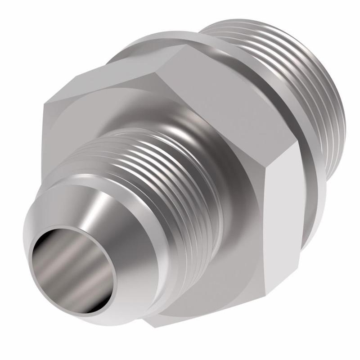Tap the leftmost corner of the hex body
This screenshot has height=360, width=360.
(44, 106)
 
